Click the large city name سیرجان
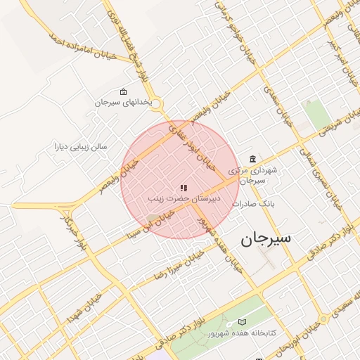point(266,239)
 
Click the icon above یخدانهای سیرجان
point(124,92)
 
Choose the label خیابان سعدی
point(278,105)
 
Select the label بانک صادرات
point(256,204)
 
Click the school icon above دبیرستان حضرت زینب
point(184,188)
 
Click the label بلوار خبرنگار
point(73,235)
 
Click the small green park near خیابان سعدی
point(317,112)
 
